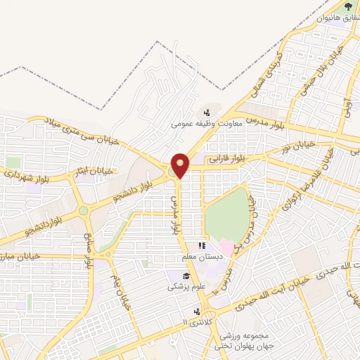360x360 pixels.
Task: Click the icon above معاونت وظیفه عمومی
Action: tap(207, 112)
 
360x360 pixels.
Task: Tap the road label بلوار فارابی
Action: tap(227, 160)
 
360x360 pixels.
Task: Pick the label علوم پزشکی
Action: tap(185, 287)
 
